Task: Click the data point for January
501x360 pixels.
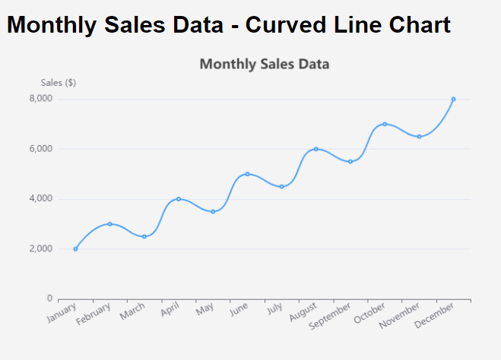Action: click(75, 249)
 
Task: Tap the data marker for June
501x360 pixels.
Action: click(247, 174)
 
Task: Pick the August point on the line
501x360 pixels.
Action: click(316, 149)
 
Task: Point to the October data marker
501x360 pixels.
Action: click(385, 124)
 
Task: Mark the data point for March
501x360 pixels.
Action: click(144, 236)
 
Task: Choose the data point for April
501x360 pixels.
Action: click(179, 199)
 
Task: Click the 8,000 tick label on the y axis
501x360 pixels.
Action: click(40, 99)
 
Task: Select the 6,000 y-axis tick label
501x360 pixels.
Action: click(40, 149)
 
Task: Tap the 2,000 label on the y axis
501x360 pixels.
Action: click(40, 249)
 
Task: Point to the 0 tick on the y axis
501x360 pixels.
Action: click(49, 298)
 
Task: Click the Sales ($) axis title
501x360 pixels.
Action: click(58, 83)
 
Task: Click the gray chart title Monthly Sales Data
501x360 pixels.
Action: click(264, 64)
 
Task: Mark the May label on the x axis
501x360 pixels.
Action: click(204, 310)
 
